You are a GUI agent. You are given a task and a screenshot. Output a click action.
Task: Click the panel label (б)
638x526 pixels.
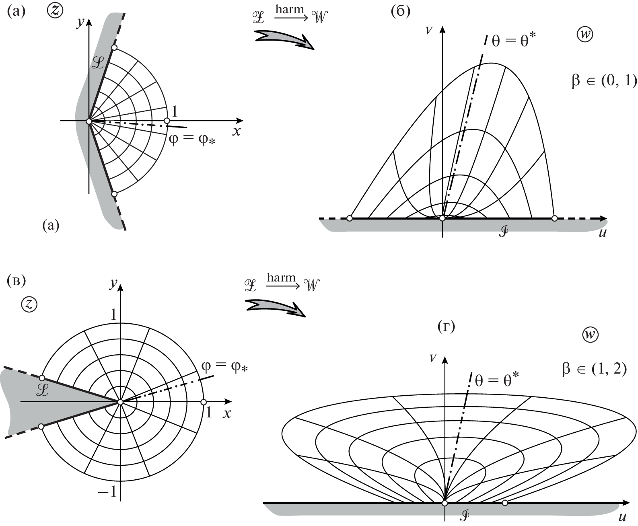[401, 12]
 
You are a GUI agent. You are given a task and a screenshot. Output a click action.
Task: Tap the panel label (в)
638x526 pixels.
[16, 281]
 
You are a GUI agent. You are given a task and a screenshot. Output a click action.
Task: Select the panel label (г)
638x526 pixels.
[447, 327]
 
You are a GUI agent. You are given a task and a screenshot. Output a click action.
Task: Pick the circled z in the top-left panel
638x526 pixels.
[55, 11]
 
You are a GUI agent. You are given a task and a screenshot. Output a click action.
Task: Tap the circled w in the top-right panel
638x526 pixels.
[585, 35]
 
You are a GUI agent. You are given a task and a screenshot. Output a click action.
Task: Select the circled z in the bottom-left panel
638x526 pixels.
[29, 304]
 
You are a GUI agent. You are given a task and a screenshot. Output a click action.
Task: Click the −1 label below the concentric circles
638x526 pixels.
[107, 491]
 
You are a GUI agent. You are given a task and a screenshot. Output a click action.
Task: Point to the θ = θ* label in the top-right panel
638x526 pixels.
[514, 40]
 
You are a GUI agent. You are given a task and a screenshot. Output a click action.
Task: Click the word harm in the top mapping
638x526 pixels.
[289, 9]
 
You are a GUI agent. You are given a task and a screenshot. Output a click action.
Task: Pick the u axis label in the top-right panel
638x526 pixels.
[603, 233]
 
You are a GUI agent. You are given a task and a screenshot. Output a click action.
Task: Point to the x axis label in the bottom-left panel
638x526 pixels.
[227, 413]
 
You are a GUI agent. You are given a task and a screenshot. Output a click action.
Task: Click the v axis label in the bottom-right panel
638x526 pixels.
[433, 358]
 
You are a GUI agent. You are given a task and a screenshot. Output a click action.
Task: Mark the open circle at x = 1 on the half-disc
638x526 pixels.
[167, 121]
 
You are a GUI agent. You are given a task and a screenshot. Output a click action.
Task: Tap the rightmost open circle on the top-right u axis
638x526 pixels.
[555, 218]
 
